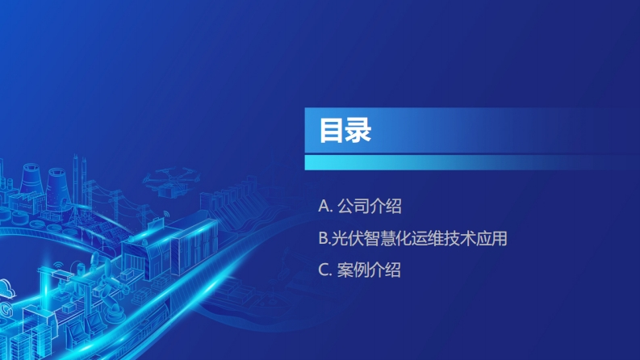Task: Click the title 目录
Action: coord(345,131)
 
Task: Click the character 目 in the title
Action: coord(332,131)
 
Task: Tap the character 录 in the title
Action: coord(358,131)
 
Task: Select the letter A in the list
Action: coord(324,206)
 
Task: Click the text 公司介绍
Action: coord(370,206)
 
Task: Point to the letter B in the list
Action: coord(323,238)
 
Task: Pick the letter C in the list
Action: coord(324,270)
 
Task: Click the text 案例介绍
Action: coord(369,270)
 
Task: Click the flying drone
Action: coord(171,182)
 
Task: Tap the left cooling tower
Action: coord(31,178)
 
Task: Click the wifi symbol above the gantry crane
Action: coord(58,266)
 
